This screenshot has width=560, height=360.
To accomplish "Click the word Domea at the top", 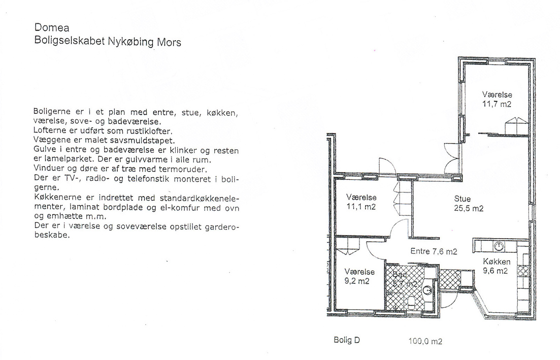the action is tap(52, 27).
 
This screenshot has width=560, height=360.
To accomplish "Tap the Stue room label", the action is tap(462, 199).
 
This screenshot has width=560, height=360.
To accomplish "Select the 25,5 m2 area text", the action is tap(469, 208).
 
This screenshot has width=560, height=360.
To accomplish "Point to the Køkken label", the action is tap(497, 262).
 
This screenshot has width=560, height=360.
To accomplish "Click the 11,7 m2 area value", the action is tap(497, 104).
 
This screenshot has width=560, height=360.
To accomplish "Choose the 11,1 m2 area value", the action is tap(361, 207).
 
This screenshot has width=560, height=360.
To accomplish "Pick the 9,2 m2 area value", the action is tap(357, 281).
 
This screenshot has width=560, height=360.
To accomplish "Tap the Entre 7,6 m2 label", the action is tap(434, 251).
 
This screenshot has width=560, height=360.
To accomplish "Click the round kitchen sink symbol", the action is tap(499, 246).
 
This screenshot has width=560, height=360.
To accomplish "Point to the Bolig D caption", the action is tap(347, 340).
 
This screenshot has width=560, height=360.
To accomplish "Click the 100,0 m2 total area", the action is tap(425, 341).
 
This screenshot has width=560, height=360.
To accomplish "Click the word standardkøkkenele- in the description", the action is tap(200, 198).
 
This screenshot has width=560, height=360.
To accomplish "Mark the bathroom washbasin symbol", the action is tap(428, 291).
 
